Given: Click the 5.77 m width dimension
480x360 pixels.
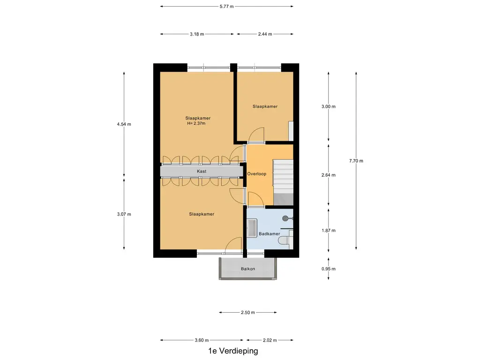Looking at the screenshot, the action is (x=226, y=7).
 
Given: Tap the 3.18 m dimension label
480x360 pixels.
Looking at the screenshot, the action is (x=197, y=34).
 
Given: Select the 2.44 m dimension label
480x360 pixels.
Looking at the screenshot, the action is (x=265, y=34).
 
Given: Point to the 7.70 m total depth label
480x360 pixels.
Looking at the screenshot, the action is (x=356, y=161).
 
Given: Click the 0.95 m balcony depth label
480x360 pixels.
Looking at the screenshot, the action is (x=329, y=269).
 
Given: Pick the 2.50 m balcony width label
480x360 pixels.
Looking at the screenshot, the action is (x=248, y=313).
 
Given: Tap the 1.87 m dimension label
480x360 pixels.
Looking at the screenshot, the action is (x=329, y=231).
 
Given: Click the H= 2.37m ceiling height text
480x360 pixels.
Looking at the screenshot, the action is (x=196, y=123).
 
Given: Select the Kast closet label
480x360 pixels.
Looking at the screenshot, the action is (x=202, y=172).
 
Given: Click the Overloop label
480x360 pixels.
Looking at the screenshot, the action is (x=257, y=174).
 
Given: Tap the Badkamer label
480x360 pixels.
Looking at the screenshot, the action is (x=270, y=234).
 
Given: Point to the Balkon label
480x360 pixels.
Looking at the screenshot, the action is (x=248, y=269).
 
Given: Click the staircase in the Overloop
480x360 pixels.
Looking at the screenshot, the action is (x=283, y=182).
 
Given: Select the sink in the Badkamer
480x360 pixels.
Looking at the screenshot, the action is (x=252, y=228).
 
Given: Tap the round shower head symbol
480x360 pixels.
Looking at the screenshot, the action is (x=285, y=218).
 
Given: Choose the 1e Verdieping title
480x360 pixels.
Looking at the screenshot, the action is (x=233, y=351).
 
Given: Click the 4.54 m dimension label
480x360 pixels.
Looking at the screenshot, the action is (x=124, y=124).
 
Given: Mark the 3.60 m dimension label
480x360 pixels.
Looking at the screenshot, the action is (x=202, y=340).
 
